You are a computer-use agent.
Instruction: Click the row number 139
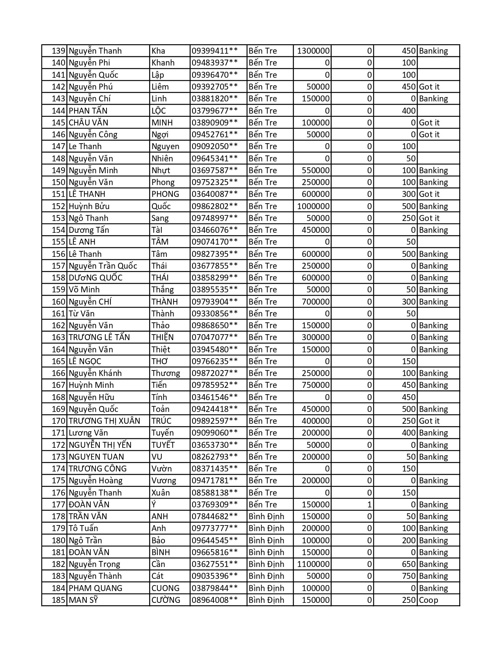[58, 51]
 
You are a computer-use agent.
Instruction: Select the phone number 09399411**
[215, 51]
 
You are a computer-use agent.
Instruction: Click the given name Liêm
[160, 87]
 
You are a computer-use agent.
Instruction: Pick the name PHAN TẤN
[88, 111]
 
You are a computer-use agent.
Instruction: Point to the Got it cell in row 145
[429, 123]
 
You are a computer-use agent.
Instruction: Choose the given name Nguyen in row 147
[165, 146]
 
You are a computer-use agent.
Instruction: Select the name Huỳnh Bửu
[89, 206]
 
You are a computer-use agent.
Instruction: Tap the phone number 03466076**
[215, 230]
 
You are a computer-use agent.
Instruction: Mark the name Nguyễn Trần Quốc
[103, 266]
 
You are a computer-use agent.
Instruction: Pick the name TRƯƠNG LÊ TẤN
[99, 337]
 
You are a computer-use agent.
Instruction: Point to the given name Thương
[166, 373]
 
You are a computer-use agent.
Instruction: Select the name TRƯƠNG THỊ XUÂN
[104, 421]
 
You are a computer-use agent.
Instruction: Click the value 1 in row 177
[369, 505]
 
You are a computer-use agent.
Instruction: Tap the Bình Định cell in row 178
[266, 516]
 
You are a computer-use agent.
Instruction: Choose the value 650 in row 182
[409, 564]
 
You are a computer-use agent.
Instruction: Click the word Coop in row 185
[428, 600]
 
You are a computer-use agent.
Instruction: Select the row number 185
[58, 600]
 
